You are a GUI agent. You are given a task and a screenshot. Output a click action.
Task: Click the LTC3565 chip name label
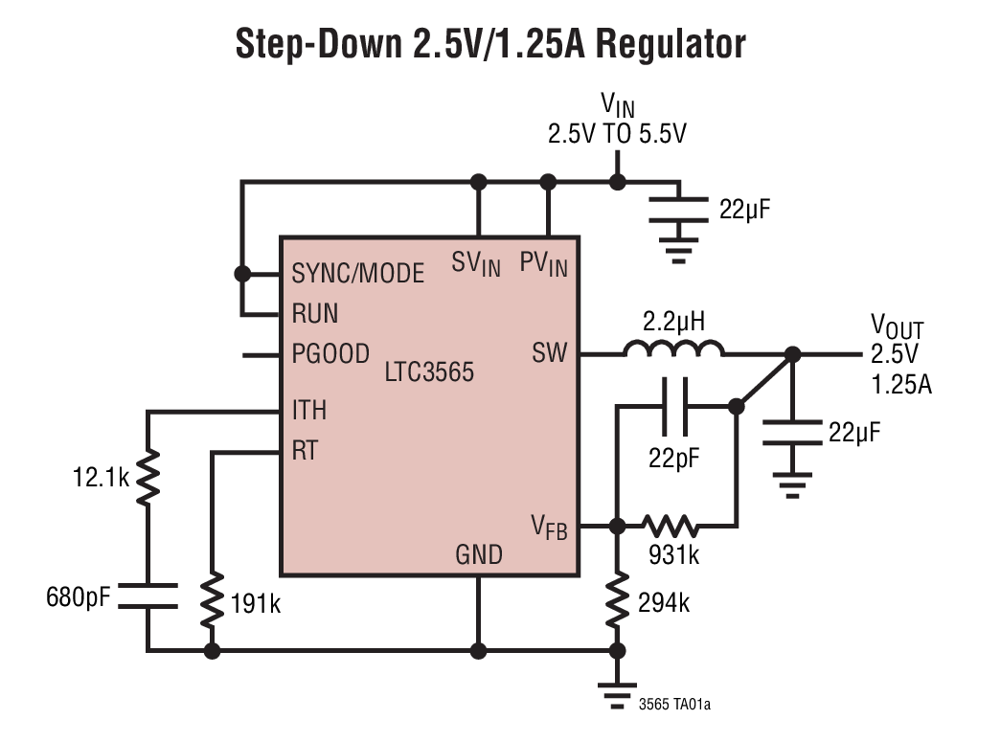click(x=430, y=372)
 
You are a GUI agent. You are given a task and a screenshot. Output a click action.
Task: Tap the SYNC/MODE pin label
click(x=357, y=274)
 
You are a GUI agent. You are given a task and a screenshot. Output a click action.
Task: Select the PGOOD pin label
click(x=330, y=354)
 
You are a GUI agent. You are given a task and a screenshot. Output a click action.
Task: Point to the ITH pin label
click(x=308, y=411)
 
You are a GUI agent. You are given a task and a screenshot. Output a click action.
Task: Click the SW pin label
click(x=549, y=354)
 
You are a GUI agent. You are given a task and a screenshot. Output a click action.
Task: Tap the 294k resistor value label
click(x=663, y=603)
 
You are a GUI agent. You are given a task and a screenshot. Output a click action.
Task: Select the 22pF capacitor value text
click(x=674, y=458)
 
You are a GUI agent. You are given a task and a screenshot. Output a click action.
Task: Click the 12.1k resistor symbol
click(x=148, y=478)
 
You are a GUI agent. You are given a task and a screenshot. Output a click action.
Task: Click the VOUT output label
click(x=897, y=327)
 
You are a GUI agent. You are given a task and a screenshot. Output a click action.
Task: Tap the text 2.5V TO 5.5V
click(x=617, y=134)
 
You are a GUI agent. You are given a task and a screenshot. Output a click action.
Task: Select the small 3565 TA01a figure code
click(x=674, y=706)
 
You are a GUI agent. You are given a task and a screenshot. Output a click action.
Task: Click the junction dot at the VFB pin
click(x=617, y=525)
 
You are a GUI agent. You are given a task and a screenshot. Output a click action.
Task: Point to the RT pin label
click(x=305, y=451)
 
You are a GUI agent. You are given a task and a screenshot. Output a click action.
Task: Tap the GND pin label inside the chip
click(x=478, y=553)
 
